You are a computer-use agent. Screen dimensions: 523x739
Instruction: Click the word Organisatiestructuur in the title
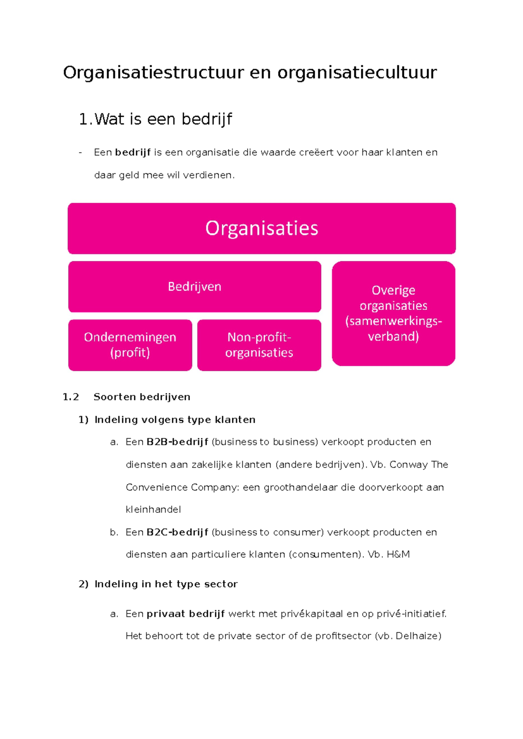[x=153, y=73]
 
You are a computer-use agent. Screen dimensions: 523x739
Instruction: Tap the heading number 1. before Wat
[x=85, y=119]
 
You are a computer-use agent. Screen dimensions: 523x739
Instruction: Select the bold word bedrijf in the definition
[x=133, y=153]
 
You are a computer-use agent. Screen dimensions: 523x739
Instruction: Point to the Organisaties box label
[x=261, y=228]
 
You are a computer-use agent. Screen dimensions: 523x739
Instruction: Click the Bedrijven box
[x=194, y=287]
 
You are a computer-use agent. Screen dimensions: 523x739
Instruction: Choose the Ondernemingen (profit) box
[x=130, y=345]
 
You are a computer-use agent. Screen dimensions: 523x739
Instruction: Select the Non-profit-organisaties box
[x=259, y=345]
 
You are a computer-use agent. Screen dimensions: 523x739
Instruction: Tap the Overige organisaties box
[x=393, y=313]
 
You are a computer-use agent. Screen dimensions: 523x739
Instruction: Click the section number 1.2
[x=71, y=397]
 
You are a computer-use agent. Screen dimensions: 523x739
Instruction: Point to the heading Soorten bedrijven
[x=142, y=397]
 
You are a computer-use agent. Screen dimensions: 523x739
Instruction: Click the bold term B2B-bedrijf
[x=177, y=442]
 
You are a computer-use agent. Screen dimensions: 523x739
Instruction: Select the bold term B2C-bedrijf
[x=177, y=532]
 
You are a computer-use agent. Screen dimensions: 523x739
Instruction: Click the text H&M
[x=398, y=554]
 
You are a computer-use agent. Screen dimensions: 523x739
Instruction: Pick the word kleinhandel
[x=153, y=509]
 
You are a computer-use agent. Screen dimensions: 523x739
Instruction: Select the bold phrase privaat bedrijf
[x=186, y=614]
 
